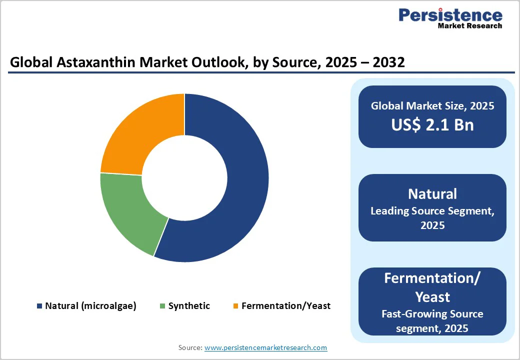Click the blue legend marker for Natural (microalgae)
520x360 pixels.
click(39, 306)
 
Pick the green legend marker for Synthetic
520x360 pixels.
click(162, 306)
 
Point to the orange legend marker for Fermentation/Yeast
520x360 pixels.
click(235, 306)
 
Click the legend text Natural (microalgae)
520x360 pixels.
click(90, 306)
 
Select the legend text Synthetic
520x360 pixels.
click(189, 306)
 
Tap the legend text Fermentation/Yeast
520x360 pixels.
click(286, 306)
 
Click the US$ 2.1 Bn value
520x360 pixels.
click(432, 124)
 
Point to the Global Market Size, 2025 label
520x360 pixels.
click(432, 105)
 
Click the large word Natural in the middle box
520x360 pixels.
click(432, 193)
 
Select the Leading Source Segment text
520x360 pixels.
click(432, 211)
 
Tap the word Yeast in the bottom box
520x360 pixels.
click(432, 297)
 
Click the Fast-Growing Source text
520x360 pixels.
click(432, 314)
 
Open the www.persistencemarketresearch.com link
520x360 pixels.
click(266, 347)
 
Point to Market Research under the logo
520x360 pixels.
click(469, 25)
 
